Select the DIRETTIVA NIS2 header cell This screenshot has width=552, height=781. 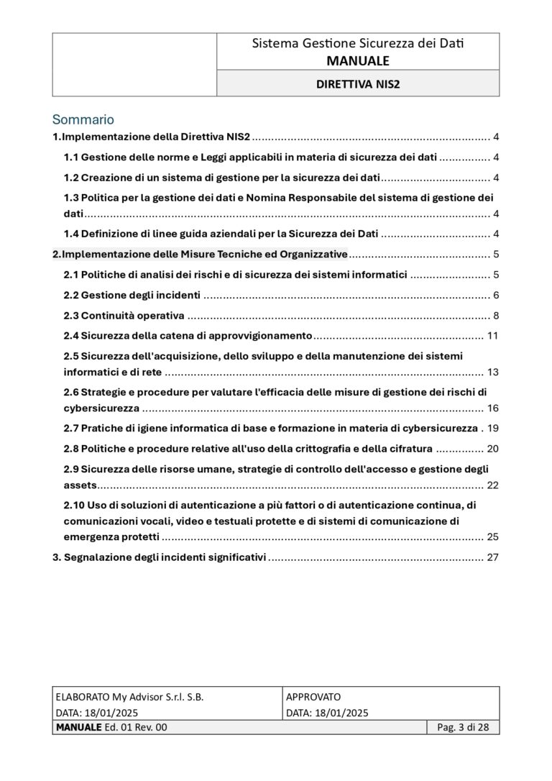[358, 83]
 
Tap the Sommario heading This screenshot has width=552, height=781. [83, 119]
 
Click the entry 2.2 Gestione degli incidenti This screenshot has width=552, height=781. [132, 296]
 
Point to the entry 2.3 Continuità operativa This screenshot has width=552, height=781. [124, 316]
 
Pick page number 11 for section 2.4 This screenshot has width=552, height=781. [492, 335]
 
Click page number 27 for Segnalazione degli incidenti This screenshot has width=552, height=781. [492, 557]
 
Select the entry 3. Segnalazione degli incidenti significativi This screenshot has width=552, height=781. [160, 557]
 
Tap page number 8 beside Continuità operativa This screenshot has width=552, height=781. [496, 316]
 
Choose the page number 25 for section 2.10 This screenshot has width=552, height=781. [492, 536]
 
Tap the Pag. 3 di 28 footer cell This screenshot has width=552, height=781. [464, 728]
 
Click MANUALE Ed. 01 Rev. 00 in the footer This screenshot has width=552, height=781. [111, 728]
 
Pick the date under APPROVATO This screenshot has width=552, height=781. [327, 713]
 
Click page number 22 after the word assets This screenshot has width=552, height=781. [492, 485]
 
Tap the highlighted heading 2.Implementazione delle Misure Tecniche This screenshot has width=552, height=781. [201, 255]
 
